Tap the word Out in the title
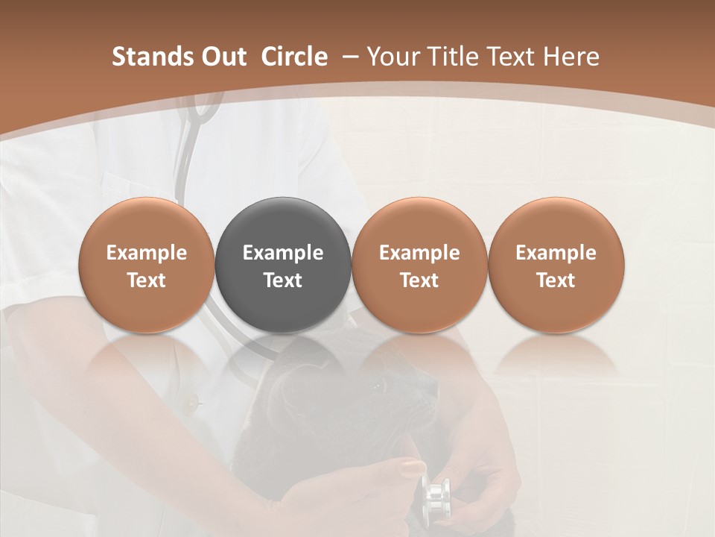tap(221, 57)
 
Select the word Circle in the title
tap(294, 57)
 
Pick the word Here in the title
tap(571, 57)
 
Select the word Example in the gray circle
tap(283, 253)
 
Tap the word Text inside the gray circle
tap(283, 280)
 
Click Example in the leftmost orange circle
tap(147, 253)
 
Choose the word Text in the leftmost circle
tap(147, 280)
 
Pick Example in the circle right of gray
tap(419, 253)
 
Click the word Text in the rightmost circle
tap(556, 280)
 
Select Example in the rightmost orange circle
tap(556, 253)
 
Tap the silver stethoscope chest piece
tap(435, 498)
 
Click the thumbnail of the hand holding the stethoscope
tap(412, 468)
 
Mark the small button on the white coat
tap(195, 403)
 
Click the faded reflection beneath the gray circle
tap(283, 354)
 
